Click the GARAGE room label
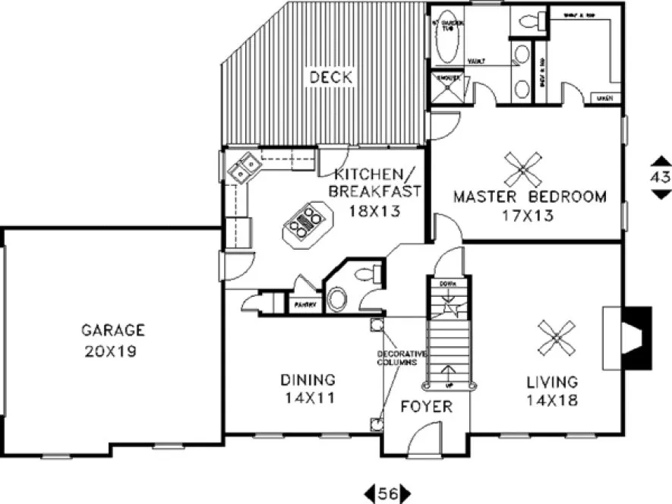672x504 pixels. tap(112, 330)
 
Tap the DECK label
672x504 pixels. tap(330, 77)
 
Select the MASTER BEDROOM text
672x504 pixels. tap(529, 197)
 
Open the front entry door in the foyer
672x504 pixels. tap(427, 440)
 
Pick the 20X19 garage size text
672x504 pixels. tap(112, 352)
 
